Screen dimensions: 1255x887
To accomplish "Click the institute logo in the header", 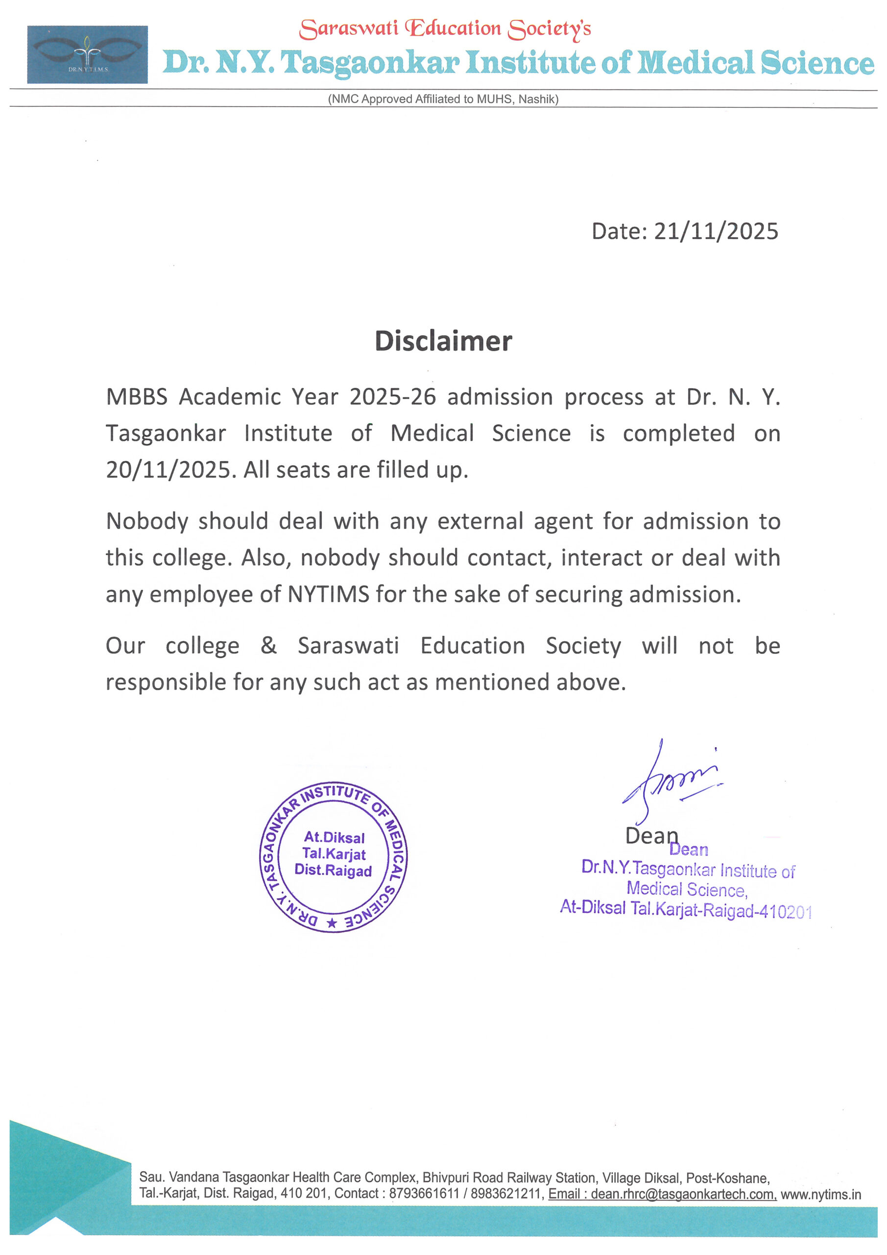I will [x=87, y=54].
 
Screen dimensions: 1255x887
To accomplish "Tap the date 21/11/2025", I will [x=716, y=231].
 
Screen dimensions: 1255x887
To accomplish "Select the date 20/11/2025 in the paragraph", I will [x=169, y=470].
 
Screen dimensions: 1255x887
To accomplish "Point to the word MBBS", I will [x=137, y=396].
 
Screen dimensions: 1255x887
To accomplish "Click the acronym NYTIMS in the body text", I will [x=328, y=594].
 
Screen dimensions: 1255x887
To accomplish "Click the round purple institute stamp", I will [x=333, y=856].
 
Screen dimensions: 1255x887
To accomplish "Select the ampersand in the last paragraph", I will [x=268, y=645].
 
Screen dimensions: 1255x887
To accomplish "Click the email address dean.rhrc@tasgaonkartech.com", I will [x=683, y=1194].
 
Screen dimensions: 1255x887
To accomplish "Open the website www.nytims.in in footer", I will [x=820, y=1194].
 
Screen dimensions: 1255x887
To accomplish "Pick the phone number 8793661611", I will [x=424, y=1194].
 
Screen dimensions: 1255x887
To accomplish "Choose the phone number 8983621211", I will [x=505, y=1194].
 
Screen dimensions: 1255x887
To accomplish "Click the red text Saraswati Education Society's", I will [x=445, y=28].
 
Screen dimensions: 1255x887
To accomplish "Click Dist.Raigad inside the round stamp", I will [x=333, y=870].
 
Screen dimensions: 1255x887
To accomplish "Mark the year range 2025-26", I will [x=393, y=396].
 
